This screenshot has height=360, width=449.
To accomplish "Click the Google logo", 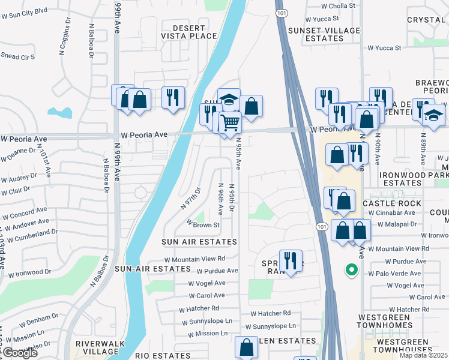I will (19, 353).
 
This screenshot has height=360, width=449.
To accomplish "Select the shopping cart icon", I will (231, 123).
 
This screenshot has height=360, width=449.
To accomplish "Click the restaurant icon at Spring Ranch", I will (291, 260).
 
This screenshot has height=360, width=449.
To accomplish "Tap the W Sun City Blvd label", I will (24, 11).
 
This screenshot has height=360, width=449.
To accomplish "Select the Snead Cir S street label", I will (17, 57).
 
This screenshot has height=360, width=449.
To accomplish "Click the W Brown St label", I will (203, 224).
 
